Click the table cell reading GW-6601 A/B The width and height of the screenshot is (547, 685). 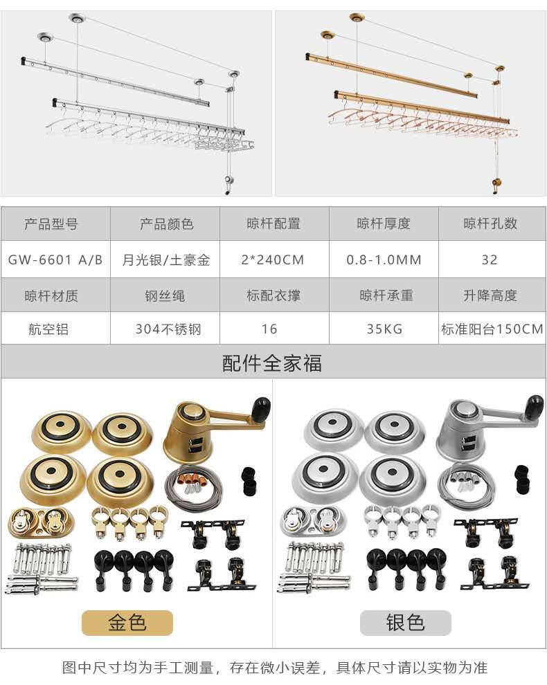[x=55, y=259]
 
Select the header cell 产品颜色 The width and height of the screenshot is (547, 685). [x=165, y=223]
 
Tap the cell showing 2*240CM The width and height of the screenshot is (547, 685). [x=274, y=259]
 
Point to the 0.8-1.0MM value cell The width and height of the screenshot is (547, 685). [x=384, y=259]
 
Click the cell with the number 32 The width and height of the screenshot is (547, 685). [x=492, y=259]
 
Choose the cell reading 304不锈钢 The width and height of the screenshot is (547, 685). [x=165, y=329]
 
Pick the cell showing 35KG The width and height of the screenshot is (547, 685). [x=384, y=329]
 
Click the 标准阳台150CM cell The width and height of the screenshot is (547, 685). [x=492, y=329]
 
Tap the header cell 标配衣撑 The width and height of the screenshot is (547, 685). [x=274, y=295]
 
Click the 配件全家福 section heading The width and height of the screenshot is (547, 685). [x=272, y=363]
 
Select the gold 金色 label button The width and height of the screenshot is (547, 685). [x=127, y=623]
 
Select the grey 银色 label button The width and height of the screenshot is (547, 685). [x=405, y=623]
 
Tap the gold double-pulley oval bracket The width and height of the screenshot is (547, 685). [x=41, y=522]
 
